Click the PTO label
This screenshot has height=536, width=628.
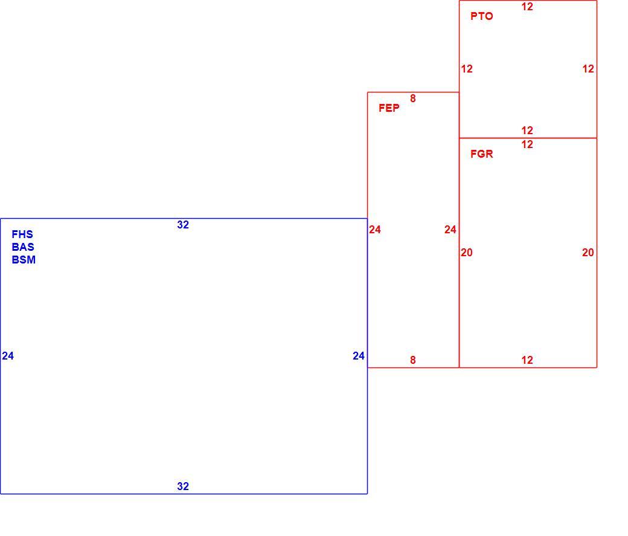[481, 16]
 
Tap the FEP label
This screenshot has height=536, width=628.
[389, 108]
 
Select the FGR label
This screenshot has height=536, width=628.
[481, 154]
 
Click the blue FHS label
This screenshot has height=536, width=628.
[22, 234]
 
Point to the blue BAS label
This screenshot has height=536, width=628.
[23, 247]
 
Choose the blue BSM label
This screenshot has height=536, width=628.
[24, 260]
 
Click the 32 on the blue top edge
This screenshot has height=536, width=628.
[183, 225]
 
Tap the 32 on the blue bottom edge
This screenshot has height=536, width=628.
[183, 486]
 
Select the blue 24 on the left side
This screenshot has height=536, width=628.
[8, 355]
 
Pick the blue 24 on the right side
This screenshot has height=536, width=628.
[359, 355]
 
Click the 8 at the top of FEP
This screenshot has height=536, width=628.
[413, 98]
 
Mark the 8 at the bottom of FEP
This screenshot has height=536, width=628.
[413, 360]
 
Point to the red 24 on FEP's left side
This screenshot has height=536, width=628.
[375, 229]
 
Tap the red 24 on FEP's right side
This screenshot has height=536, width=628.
[450, 229]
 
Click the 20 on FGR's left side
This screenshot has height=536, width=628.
[467, 253]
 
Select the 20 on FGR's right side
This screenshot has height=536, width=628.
[588, 253]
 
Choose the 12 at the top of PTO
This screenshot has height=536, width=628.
[527, 7]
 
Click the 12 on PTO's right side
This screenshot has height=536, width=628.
[588, 69]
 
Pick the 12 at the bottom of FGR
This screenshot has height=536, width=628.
[527, 360]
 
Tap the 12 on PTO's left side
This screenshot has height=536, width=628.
[467, 69]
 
